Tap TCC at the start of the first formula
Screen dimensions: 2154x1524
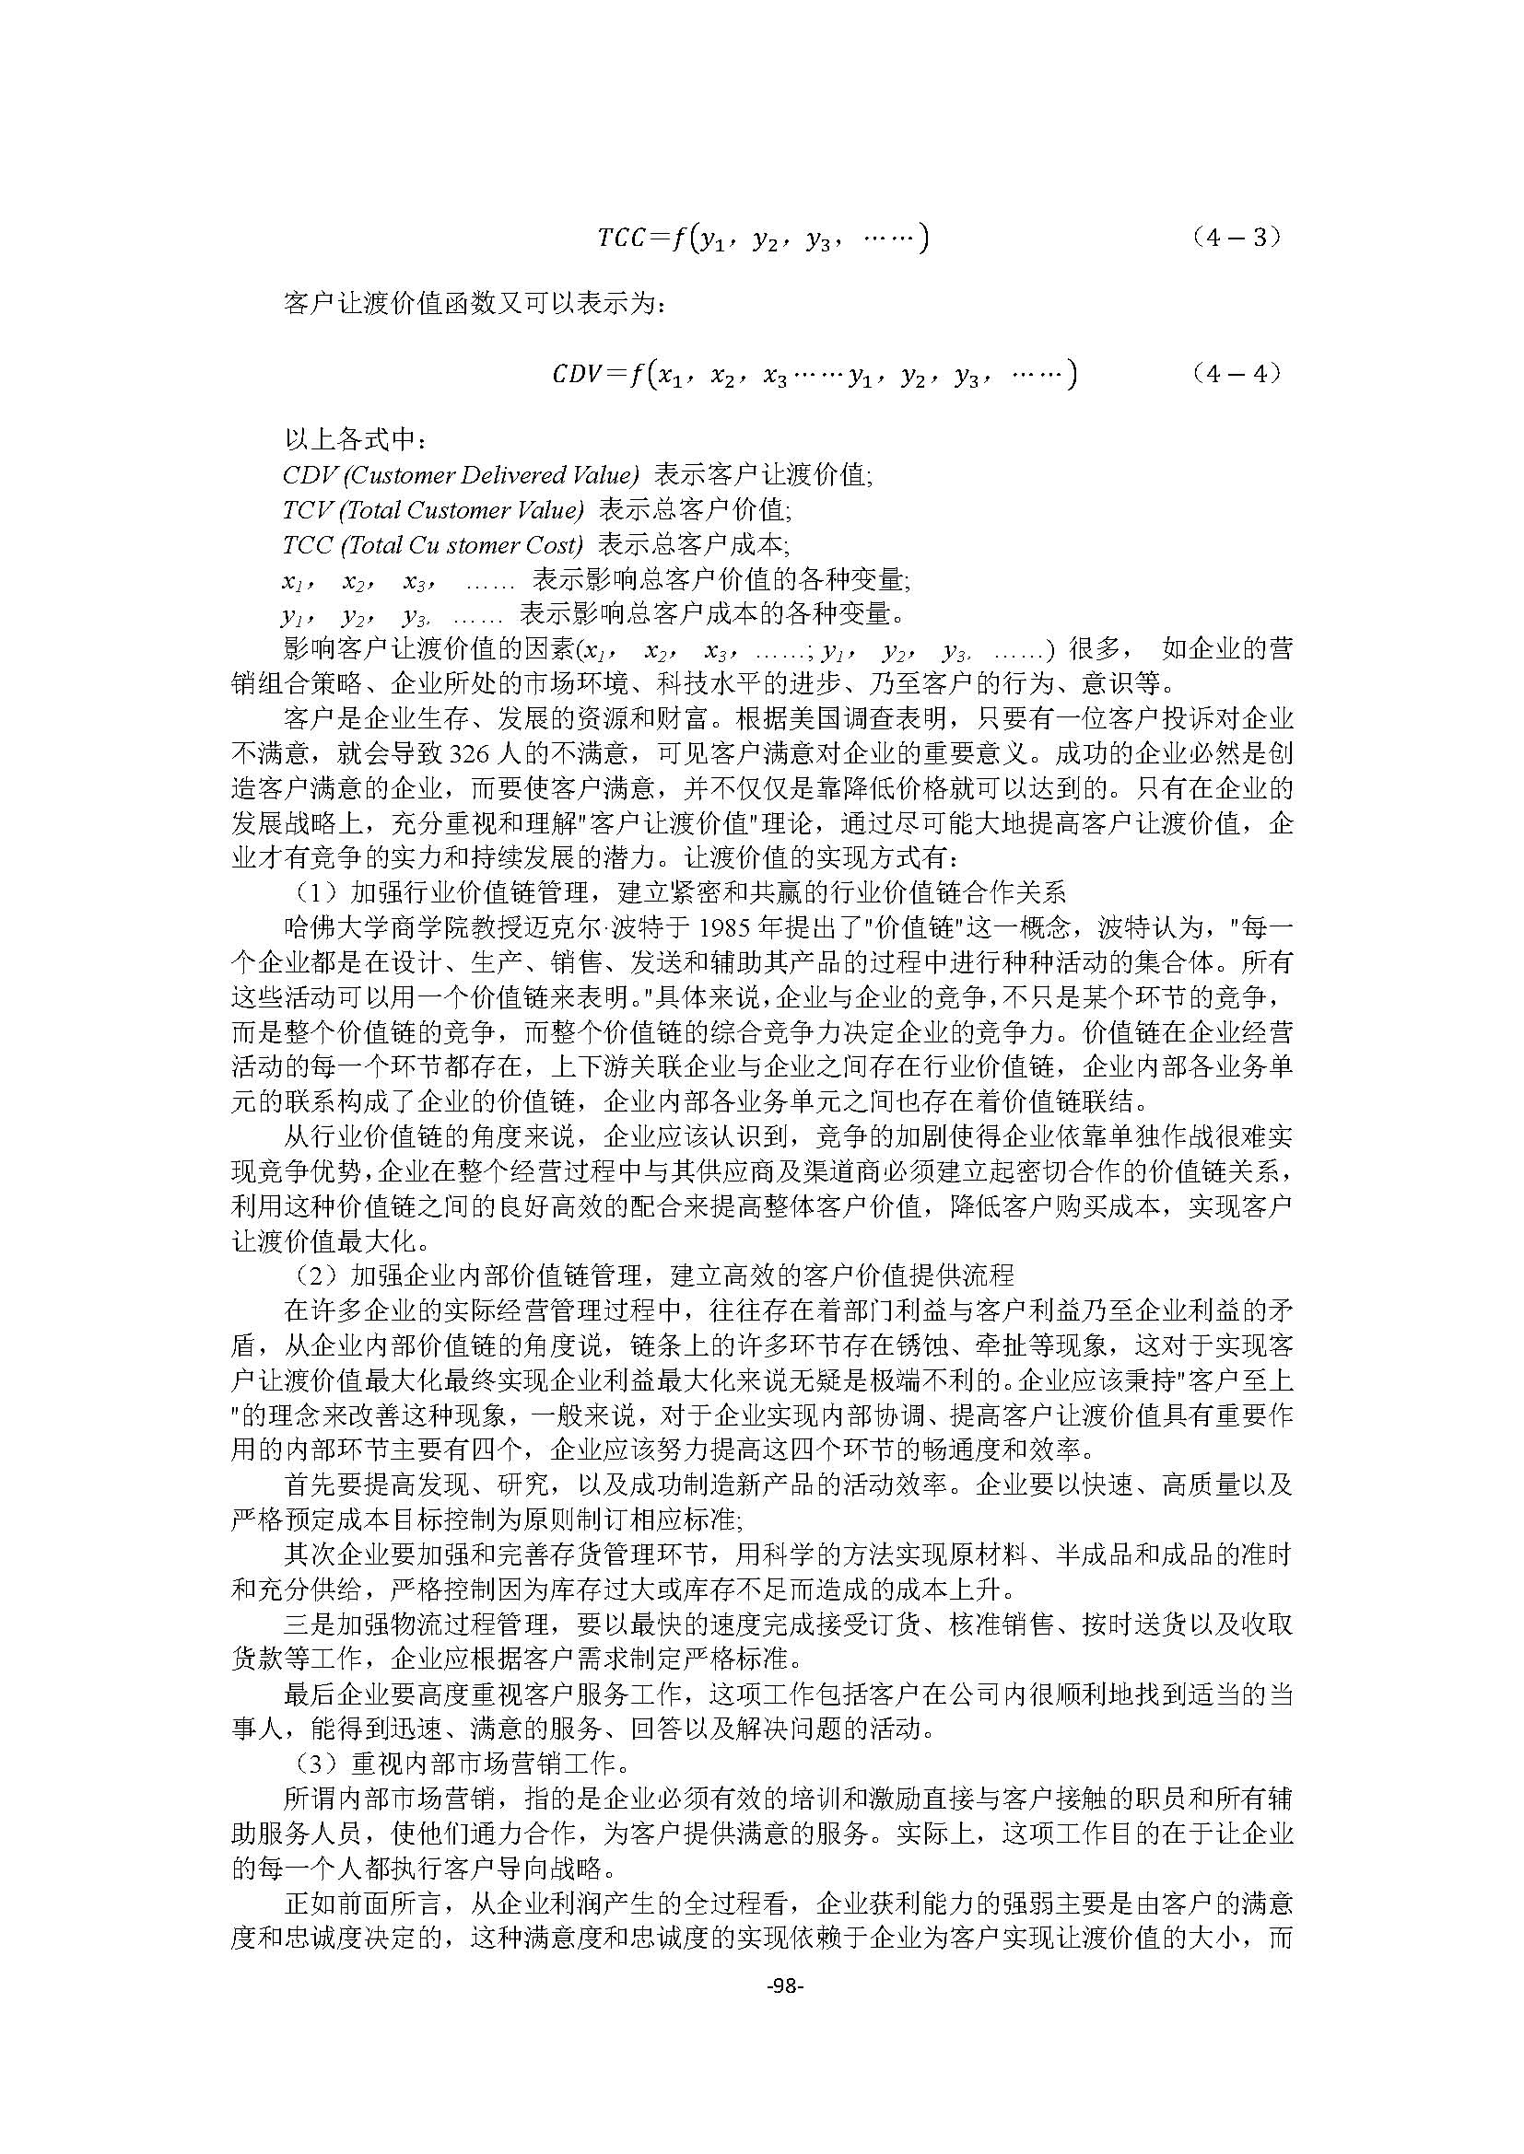click(x=621, y=239)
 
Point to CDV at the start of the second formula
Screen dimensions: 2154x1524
click(x=575, y=375)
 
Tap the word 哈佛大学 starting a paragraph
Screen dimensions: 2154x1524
click(x=335, y=928)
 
